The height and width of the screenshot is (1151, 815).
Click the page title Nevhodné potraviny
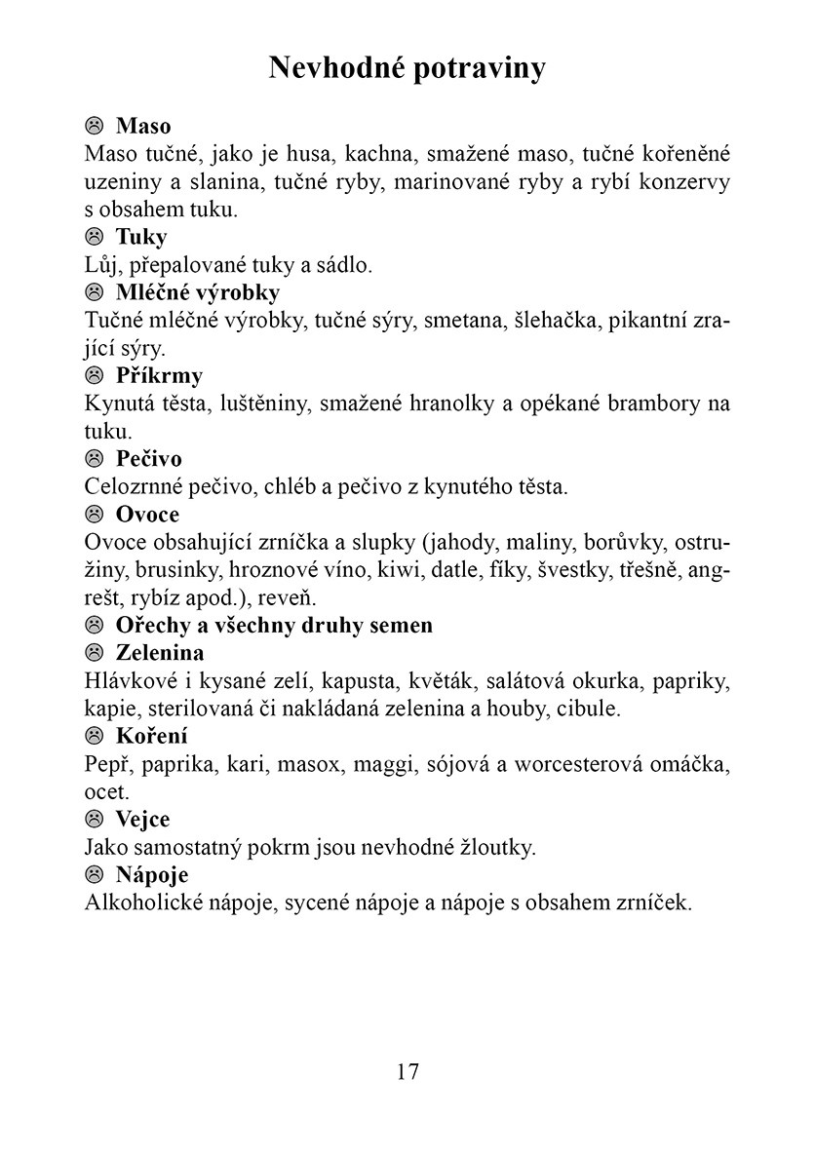[x=407, y=68]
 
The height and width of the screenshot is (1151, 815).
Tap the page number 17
[x=407, y=1071]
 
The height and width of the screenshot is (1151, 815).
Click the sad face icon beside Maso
[x=95, y=126]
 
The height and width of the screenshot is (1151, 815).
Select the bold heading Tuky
[x=141, y=237]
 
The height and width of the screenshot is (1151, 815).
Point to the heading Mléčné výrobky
[x=198, y=292]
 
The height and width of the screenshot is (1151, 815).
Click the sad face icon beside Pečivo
[x=95, y=459]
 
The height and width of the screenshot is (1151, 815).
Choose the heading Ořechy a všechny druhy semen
[x=274, y=625]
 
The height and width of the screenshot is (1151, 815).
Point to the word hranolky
[x=451, y=403]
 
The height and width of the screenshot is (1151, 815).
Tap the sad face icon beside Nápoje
[x=95, y=875]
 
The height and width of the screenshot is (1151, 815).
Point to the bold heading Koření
[x=152, y=736]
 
